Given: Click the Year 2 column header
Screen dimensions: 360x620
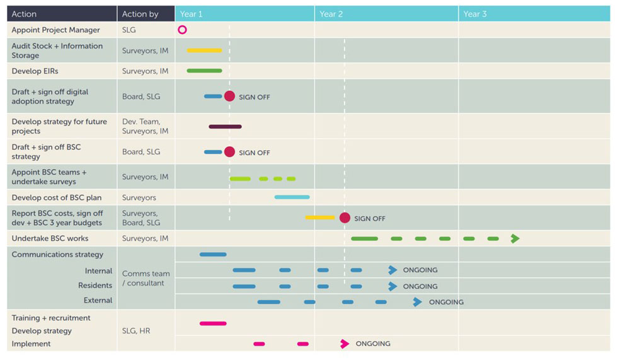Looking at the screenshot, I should [x=331, y=14].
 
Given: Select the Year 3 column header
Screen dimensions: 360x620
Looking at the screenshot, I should [x=475, y=14].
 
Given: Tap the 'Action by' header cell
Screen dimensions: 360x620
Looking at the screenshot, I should [x=140, y=14].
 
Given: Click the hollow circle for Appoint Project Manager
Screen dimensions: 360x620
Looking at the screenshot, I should [x=182, y=30].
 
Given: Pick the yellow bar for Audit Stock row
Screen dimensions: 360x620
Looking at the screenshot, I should [x=204, y=50].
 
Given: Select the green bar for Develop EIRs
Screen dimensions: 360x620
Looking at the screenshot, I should [x=204, y=71].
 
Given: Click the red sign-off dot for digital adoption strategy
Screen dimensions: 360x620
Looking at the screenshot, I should [x=229, y=96].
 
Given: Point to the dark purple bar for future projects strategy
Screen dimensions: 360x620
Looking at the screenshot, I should [x=225, y=127].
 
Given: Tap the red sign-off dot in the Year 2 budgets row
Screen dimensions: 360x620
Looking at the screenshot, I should [x=345, y=218].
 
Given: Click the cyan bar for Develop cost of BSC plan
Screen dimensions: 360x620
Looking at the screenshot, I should [x=292, y=197].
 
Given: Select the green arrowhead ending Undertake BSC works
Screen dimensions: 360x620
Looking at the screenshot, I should [x=515, y=238].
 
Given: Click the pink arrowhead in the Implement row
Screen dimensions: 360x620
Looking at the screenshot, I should [x=345, y=344].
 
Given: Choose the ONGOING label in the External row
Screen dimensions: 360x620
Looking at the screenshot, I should [x=446, y=302].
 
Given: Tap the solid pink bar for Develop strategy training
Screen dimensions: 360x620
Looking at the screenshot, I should [x=213, y=323].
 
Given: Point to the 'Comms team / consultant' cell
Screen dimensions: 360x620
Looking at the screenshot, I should [x=146, y=278].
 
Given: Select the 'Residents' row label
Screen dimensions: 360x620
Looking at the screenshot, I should [x=95, y=286].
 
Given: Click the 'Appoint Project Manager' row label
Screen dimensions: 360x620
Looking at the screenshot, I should [x=55, y=30].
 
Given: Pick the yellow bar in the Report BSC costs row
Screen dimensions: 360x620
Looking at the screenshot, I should [x=320, y=218].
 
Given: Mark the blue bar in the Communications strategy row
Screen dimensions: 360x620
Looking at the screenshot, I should [x=213, y=255].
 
